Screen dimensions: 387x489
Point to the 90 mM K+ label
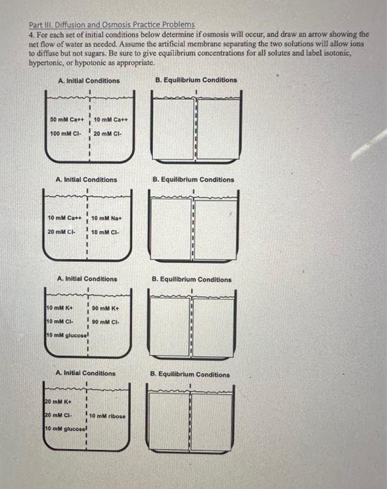107,307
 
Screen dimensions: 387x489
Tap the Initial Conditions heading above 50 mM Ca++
89,80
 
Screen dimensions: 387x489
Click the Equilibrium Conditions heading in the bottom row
191,374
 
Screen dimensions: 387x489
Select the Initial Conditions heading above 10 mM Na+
87,180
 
